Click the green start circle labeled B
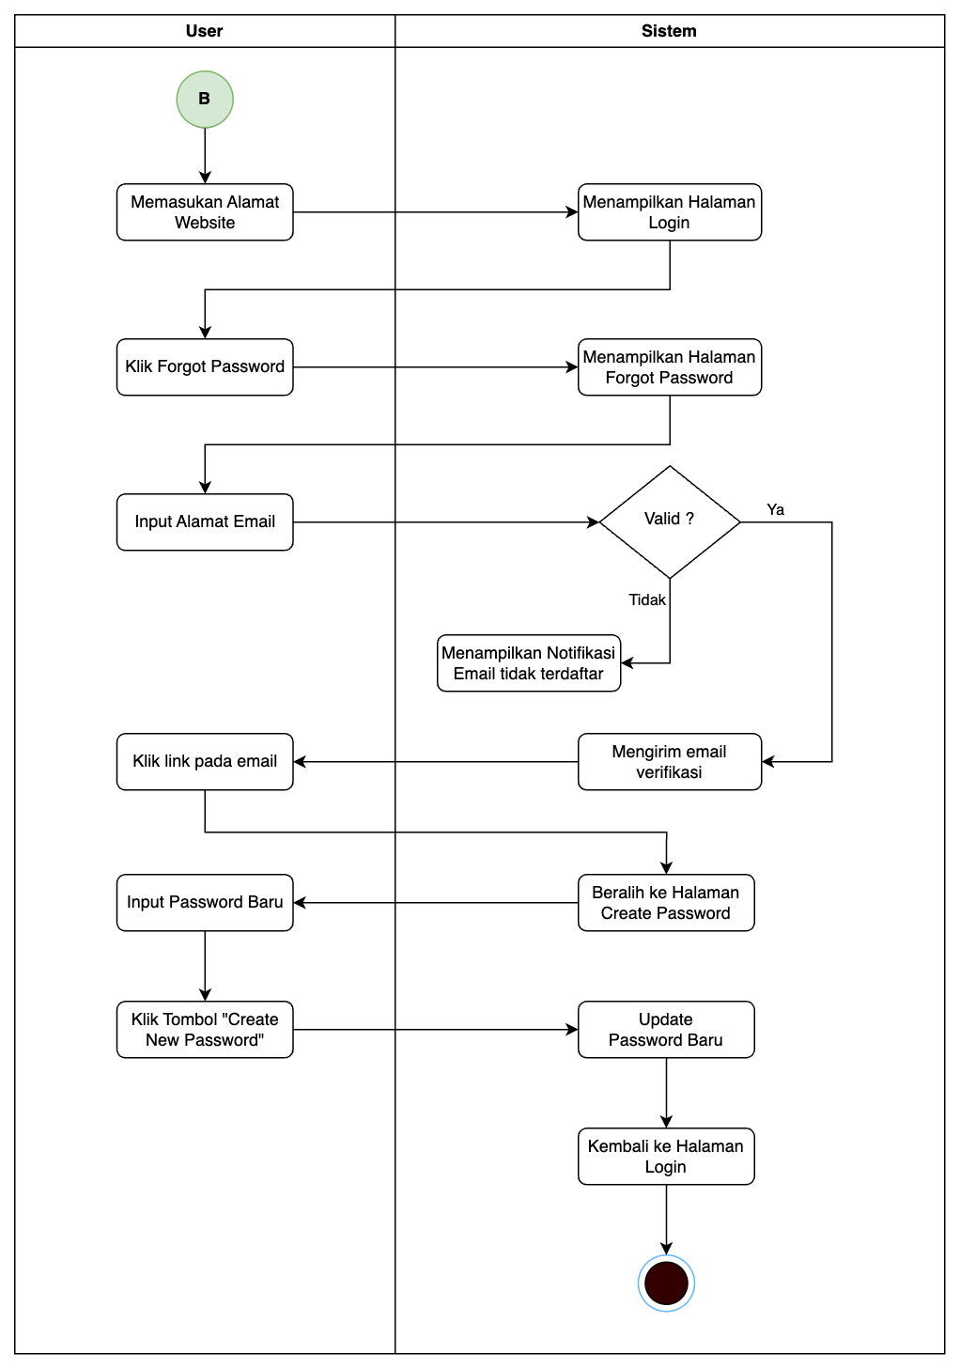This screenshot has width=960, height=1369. (205, 99)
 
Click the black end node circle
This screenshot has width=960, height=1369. (666, 1283)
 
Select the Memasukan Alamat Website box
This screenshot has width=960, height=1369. (205, 212)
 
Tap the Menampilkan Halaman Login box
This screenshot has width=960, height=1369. (669, 212)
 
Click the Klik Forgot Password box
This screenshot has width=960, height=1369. (205, 366)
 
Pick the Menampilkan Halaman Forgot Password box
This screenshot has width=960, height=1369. (669, 367)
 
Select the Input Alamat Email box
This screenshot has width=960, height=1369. (205, 521)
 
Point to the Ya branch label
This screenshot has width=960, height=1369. (775, 509)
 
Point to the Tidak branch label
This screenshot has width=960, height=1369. (646, 599)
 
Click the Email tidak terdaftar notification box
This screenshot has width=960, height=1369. (528, 663)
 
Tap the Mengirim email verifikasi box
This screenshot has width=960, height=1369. (669, 762)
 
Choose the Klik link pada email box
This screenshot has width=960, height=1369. (205, 761)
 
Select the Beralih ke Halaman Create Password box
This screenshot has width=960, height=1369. (665, 903)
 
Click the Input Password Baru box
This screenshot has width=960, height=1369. (205, 902)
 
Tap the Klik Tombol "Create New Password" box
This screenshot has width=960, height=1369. (205, 1030)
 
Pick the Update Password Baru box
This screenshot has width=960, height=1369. (665, 1030)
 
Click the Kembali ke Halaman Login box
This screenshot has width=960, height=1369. (665, 1157)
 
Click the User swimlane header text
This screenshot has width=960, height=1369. (204, 31)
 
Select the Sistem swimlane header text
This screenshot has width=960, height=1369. (669, 31)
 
